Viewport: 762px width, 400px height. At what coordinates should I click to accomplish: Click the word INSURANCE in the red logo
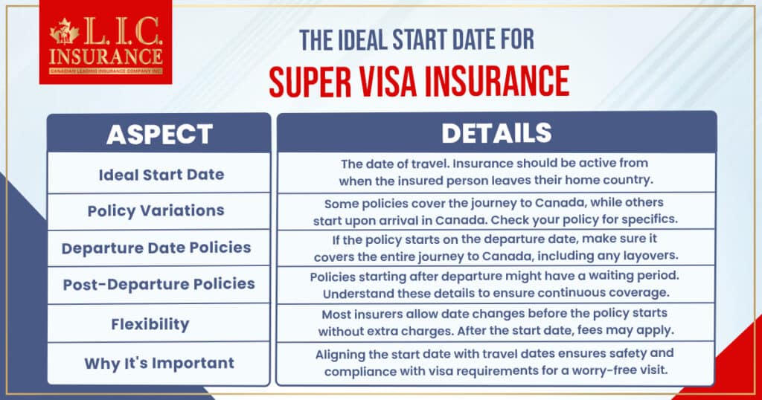pos(106,57)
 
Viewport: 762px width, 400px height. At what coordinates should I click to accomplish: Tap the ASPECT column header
pos(159,135)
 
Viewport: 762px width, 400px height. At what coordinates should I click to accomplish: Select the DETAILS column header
pos(496,133)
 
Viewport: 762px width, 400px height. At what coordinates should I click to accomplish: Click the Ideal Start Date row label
pos(161,175)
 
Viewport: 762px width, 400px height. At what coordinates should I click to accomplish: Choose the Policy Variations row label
pos(156,210)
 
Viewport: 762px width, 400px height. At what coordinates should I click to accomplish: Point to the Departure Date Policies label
pos(156,248)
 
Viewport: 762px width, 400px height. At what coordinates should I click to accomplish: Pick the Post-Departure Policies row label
pos(159,284)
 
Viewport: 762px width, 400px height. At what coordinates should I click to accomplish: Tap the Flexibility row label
pos(150,324)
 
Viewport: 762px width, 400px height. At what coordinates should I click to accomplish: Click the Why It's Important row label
pos(159,363)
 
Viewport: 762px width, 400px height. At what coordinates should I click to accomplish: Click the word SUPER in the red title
pos(310,82)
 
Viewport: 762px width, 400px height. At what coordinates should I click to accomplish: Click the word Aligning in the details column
pos(339,355)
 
